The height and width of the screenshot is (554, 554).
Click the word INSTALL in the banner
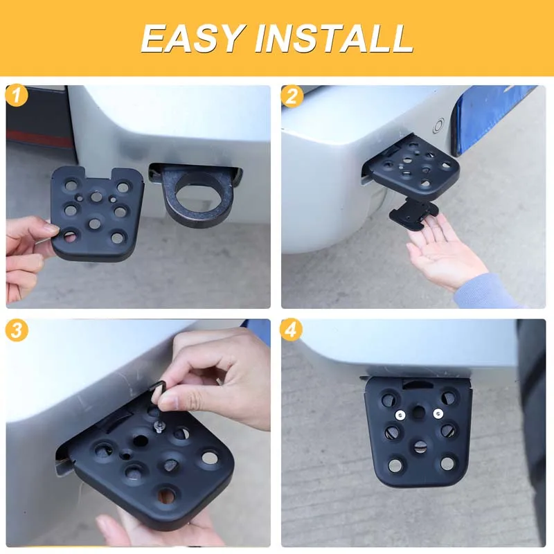click(x=334, y=38)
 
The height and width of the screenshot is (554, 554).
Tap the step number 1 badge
click(x=17, y=96)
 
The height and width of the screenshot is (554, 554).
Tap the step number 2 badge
click(x=292, y=96)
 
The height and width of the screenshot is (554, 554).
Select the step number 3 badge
click(x=17, y=330)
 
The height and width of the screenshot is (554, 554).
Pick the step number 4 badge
click(x=291, y=330)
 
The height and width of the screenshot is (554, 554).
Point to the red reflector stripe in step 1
click(x=39, y=138)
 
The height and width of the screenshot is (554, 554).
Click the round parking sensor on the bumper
click(x=439, y=125)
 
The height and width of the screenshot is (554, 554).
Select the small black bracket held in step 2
click(x=413, y=214)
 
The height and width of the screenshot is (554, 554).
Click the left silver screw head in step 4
click(x=400, y=415)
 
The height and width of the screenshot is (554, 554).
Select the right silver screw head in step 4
click(x=438, y=413)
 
